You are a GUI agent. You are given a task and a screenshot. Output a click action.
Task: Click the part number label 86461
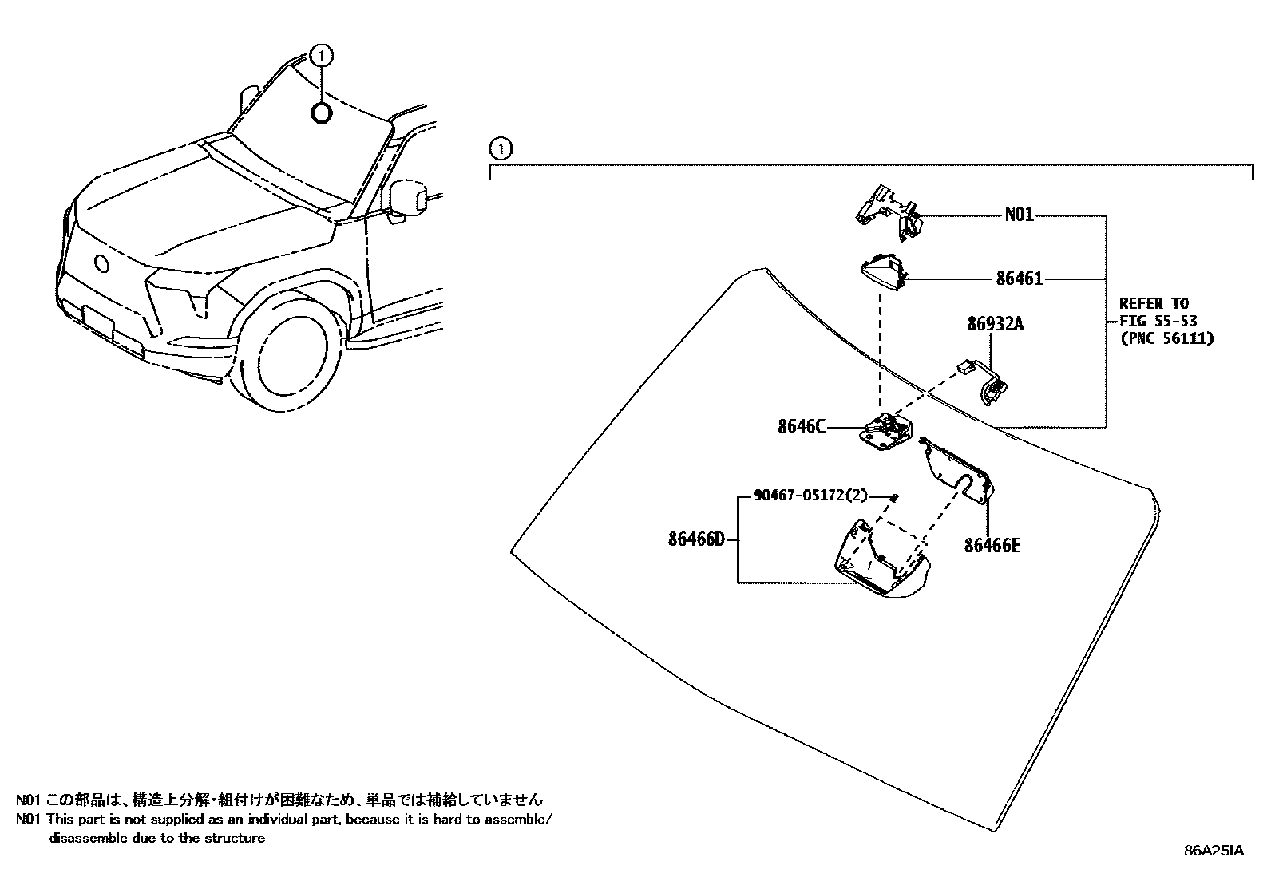click(1019, 279)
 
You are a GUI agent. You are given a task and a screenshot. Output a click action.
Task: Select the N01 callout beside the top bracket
click(1019, 215)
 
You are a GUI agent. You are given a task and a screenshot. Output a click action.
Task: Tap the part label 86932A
click(995, 324)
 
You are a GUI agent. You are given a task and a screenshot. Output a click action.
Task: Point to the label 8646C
click(801, 427)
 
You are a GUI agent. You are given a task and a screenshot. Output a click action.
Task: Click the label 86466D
click(696, 539)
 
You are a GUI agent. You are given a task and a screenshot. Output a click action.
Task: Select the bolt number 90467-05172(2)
click(810, 496)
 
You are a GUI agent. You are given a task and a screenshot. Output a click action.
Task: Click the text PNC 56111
click(1166, 338)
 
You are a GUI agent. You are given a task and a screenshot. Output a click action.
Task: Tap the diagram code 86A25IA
click(1213, 851)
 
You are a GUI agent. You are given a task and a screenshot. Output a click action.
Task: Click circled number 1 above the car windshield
click(321, 55)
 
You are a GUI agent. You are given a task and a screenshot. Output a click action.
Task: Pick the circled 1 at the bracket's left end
click(500, 148)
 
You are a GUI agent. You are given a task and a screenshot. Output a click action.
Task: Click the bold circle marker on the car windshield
click(321, 113)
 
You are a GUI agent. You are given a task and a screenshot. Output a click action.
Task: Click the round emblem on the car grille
click(101, 264)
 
